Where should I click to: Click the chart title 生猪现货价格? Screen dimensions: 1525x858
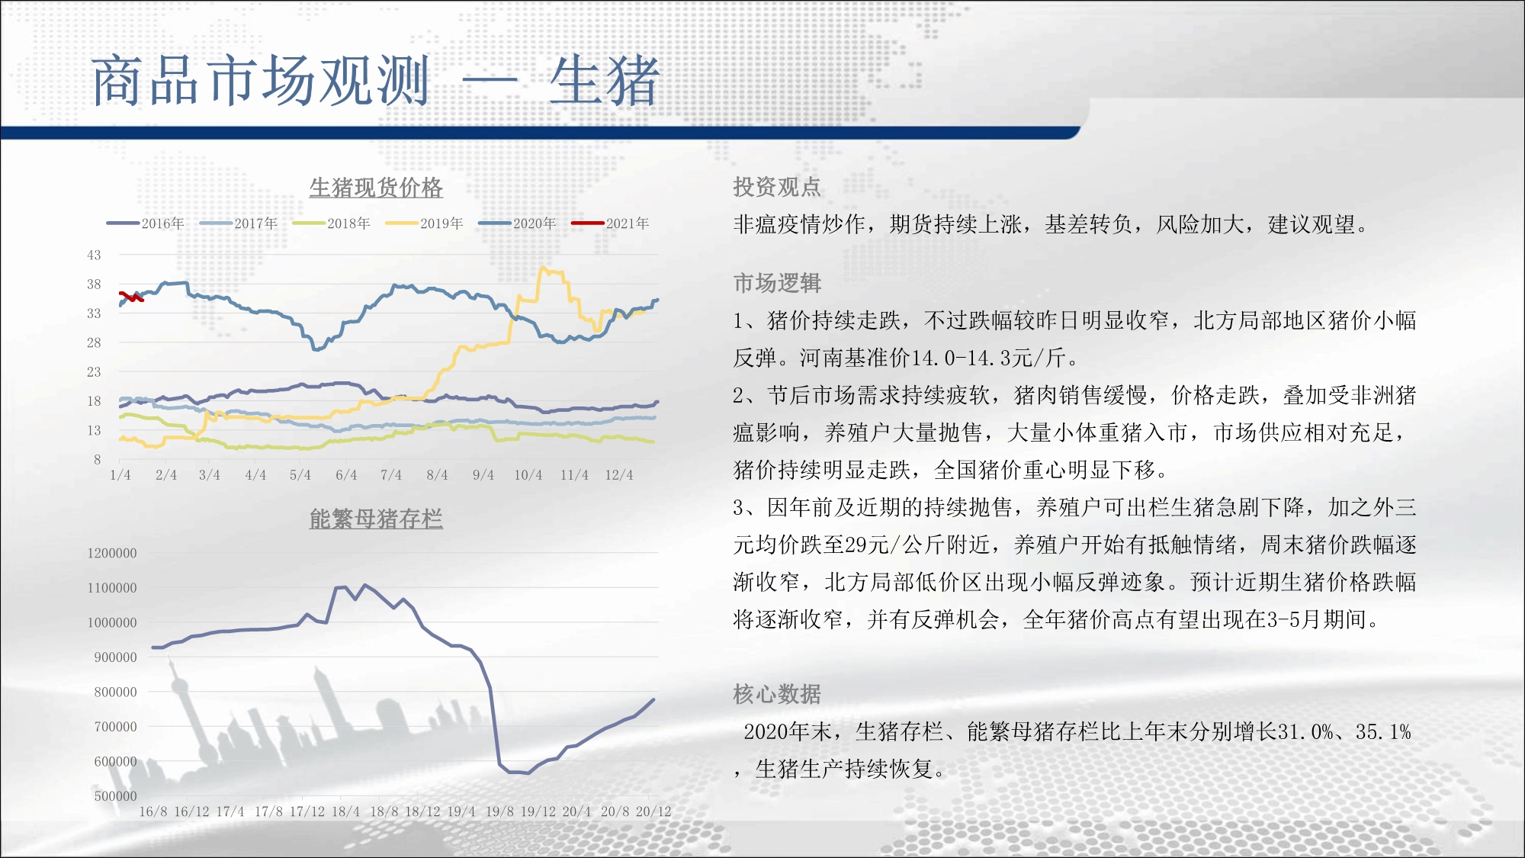376,187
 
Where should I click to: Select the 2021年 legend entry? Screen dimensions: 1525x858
610,223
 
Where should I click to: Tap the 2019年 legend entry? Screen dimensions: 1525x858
424,223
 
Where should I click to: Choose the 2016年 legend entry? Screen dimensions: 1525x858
146,223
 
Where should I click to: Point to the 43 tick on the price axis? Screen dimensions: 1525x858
94,255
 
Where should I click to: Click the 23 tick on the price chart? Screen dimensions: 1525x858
94,371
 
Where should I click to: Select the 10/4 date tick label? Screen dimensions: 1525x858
528,475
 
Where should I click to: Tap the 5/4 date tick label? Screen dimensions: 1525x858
300,475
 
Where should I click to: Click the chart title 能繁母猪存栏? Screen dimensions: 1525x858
376,519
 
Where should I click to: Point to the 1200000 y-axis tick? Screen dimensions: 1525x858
112,553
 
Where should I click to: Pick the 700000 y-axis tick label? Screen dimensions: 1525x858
115,727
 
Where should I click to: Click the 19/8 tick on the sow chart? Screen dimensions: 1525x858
500,811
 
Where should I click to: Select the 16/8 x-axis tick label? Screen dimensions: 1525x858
153,811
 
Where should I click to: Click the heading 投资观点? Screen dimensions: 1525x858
777,187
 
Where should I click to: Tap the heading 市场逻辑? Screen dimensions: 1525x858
777,283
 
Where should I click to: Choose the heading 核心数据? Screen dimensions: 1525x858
777,694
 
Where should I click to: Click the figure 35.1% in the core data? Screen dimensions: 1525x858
1383,732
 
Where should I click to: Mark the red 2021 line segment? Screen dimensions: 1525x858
131,297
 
